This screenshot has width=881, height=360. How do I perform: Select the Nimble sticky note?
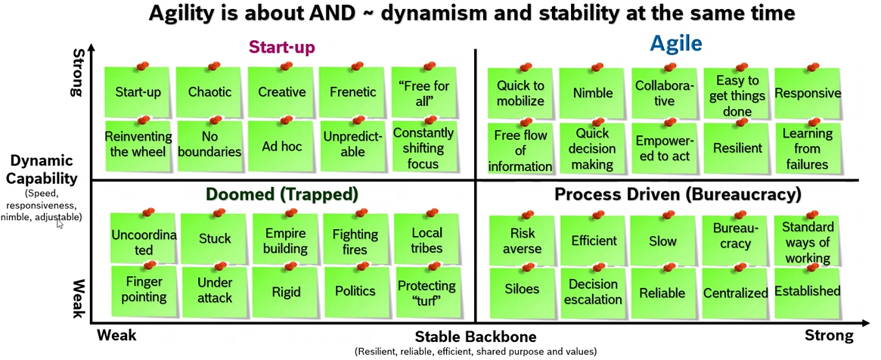coord(593,94)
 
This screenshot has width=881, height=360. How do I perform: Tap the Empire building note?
coord(281,241)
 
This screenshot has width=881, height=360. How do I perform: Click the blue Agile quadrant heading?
coord(675,46)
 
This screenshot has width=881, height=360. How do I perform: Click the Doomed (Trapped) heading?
coord(281,194)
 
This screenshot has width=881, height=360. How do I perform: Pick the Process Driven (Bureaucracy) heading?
coord(678,194)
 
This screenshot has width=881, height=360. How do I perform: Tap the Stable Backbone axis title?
coord(475,337)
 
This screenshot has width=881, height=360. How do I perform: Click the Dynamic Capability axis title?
coord(43,169)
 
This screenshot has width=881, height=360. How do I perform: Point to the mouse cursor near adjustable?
coord(60,223)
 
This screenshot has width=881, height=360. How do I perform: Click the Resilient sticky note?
coord(737,147)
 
